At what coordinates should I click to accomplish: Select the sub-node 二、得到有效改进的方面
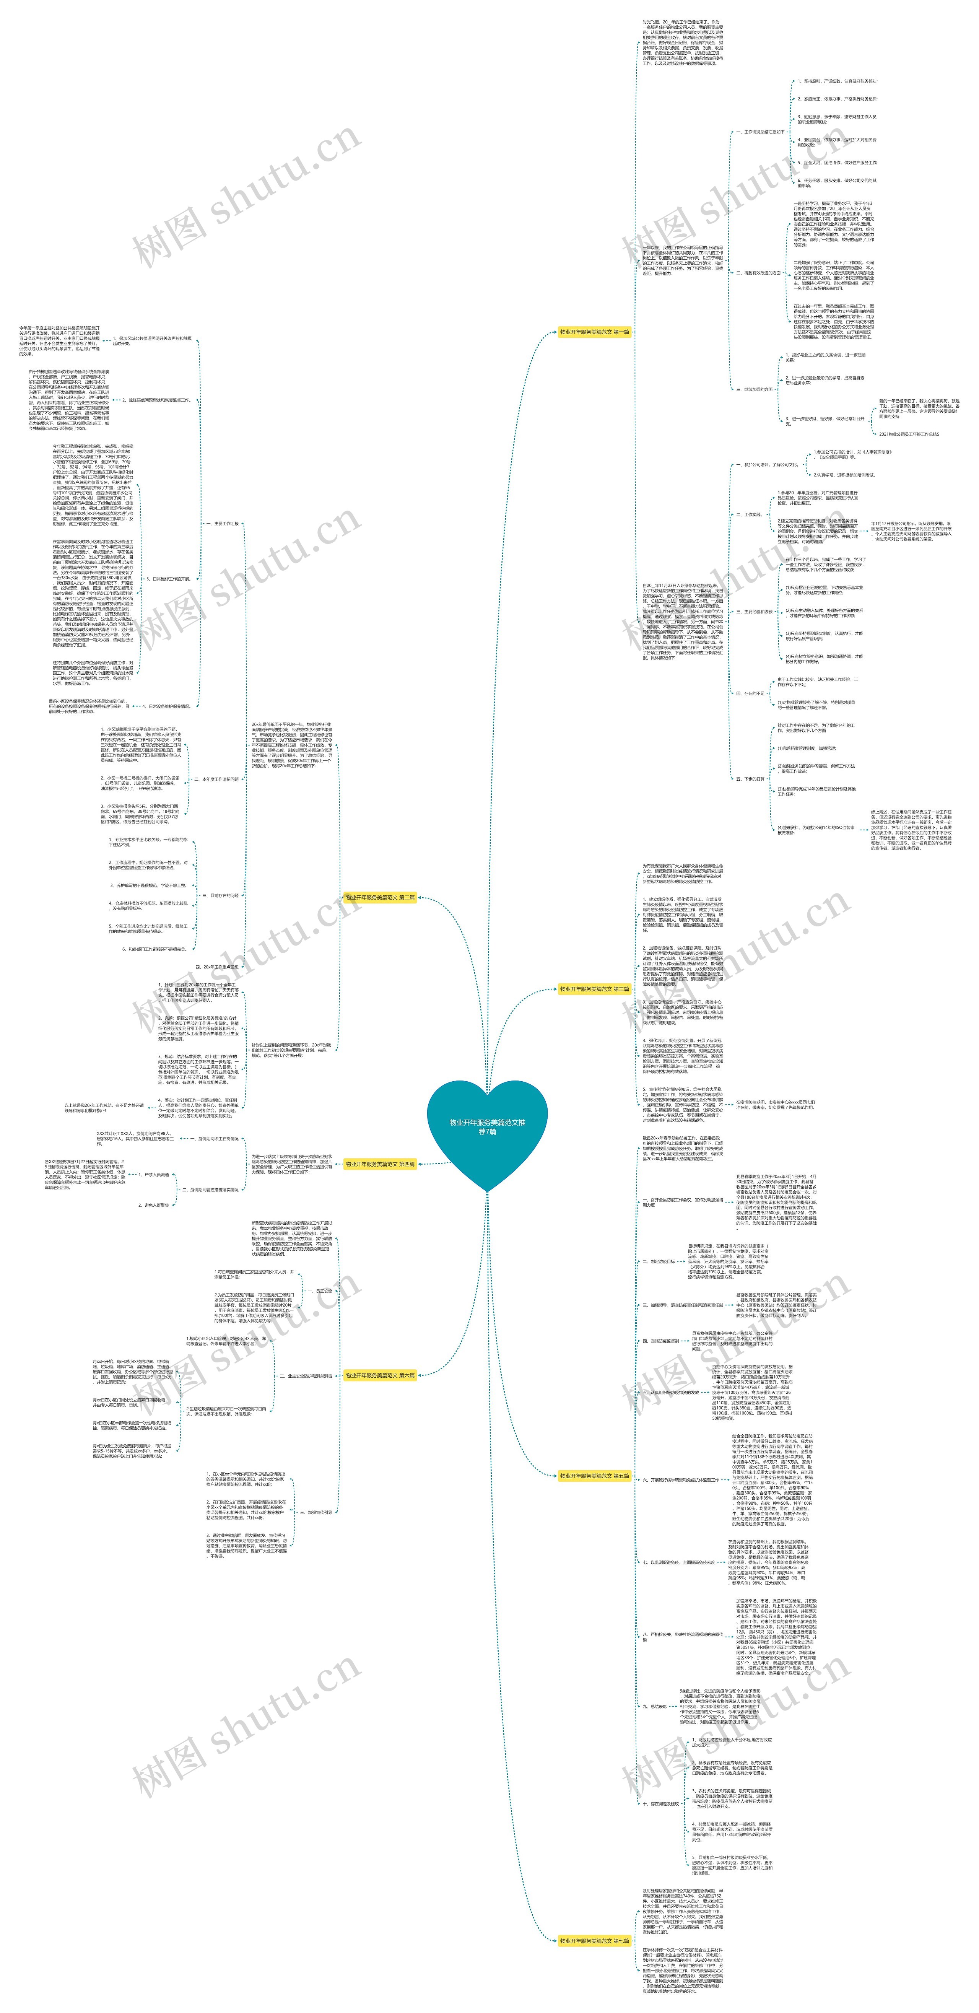pos(758,273)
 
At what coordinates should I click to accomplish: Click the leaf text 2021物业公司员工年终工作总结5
pos(909,434)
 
